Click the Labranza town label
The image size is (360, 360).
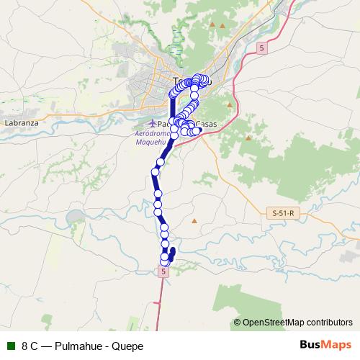(21, 123)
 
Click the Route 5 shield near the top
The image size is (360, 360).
(261, 48)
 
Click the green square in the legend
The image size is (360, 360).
(10, 346)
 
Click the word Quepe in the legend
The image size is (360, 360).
(128, 346)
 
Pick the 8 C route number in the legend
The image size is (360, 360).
(30, 346)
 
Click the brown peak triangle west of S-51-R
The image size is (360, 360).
(194, 230)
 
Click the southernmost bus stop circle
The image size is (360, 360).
(165, 261)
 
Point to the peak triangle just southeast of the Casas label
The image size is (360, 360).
(248, 138)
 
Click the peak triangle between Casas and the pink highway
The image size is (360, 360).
(230, 105)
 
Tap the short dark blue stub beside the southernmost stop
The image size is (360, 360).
(173, 254)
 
